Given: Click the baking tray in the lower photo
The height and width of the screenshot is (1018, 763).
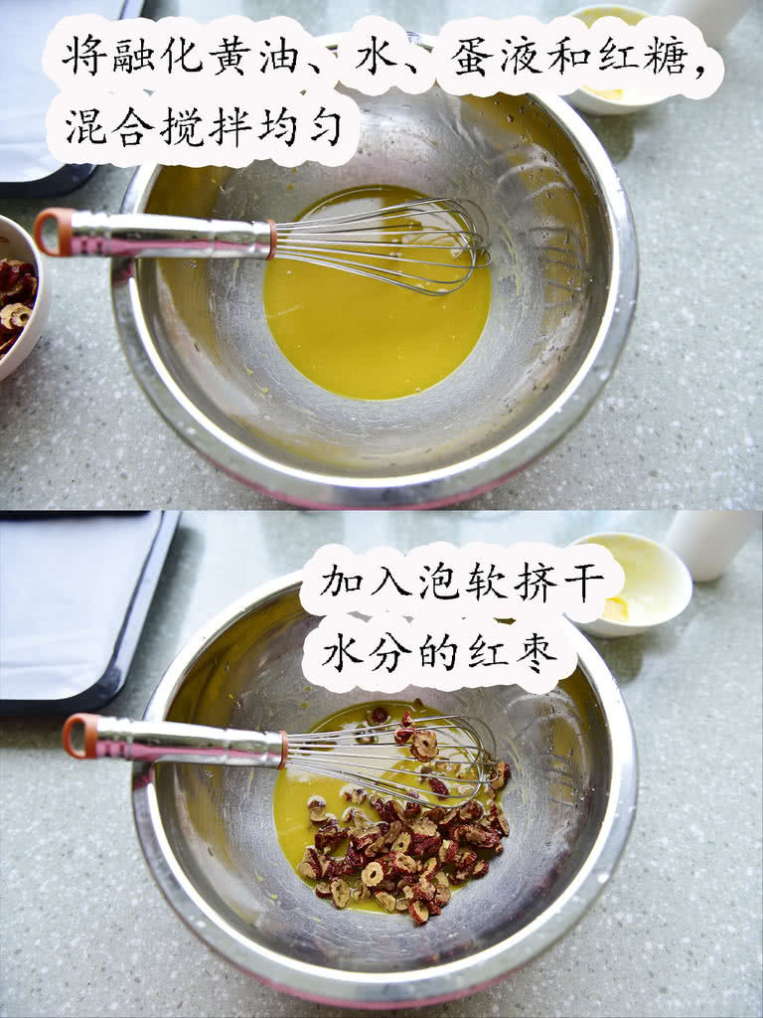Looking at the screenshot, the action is coord(77,610).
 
